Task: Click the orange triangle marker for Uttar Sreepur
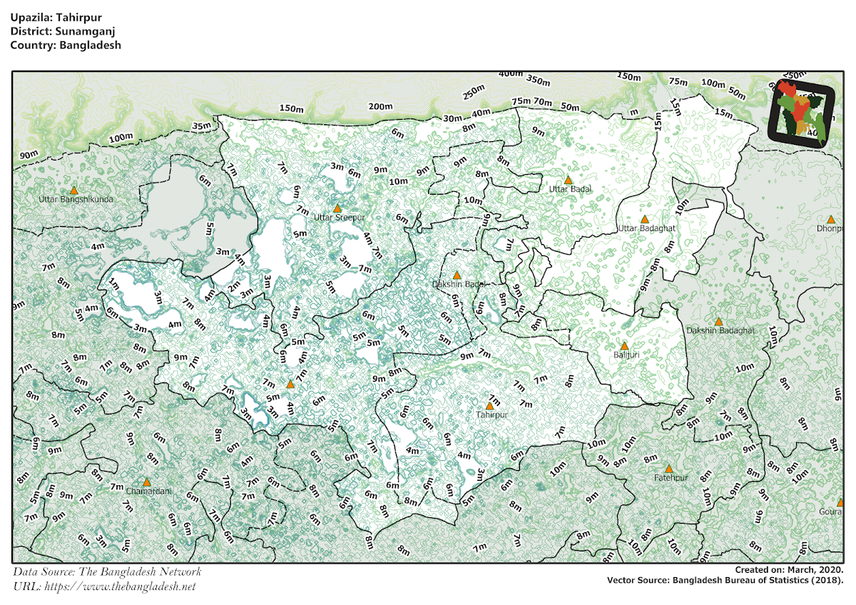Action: point(337,208)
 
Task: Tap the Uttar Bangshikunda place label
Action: point(76,200)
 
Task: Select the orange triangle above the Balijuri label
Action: point(624,346)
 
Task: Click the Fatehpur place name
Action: point(671,478)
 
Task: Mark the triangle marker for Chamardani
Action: point(147,483)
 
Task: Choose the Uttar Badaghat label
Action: point(646,228)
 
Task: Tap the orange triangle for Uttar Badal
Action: point(569,181)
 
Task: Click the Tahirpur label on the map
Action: point(491,414)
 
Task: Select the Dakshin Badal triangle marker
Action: point(457,275)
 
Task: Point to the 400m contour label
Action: point(511,74)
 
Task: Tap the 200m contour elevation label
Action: point(380,107)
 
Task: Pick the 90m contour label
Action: point(29,156)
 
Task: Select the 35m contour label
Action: point(202,126)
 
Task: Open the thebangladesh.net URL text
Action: point(120,586)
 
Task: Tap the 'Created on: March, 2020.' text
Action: point(789,570)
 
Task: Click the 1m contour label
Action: point(113,283)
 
